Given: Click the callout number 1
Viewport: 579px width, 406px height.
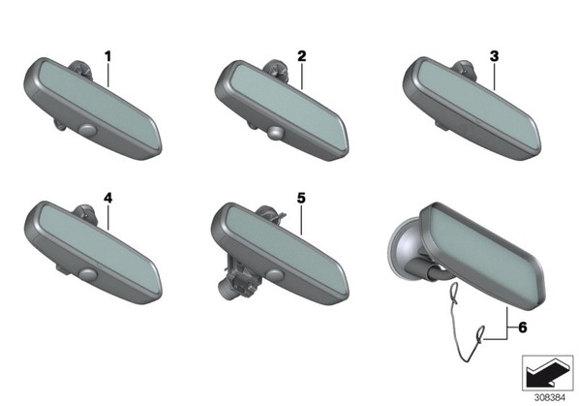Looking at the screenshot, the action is tap(107, 57).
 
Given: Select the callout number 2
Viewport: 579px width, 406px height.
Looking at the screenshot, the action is tap(302, 56).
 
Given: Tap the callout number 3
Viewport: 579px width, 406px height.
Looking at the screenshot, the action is tap(494, 56).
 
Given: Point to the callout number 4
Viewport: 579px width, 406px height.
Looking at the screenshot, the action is tap(107, 198).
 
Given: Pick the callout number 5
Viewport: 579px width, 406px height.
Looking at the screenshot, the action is tap(301, 198).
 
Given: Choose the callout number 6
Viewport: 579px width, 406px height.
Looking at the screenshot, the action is tap(523, 328).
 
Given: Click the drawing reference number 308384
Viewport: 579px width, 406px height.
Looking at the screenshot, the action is tap(550, 398).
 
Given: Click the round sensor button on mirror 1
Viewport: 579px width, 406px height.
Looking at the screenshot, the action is tap(88, 130).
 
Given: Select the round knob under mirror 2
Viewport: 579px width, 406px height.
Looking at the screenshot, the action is tap(276, 134).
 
